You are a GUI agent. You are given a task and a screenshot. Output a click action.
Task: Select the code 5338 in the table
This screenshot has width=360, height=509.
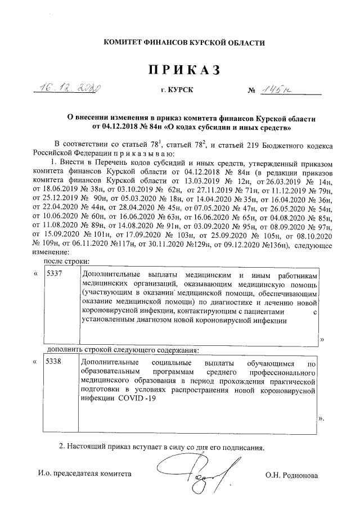pyautogui.click(x=55, y=362)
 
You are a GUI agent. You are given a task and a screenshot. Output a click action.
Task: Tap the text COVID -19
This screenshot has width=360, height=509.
pyautogui.click(x=134, y=398)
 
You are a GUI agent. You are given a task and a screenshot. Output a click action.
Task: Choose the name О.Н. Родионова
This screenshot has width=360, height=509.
pyautogui.click(x=292, y=475)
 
